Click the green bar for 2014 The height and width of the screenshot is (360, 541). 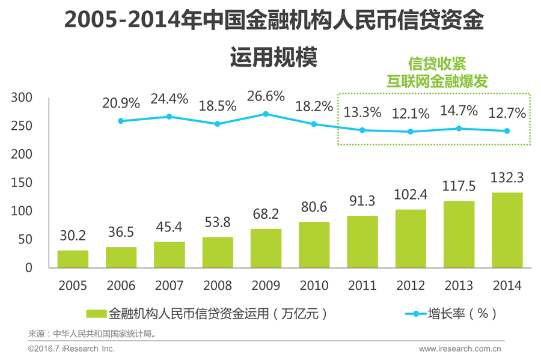point(507,230)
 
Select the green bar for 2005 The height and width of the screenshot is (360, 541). point(73,258)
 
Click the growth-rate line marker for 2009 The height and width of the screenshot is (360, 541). point(266,114)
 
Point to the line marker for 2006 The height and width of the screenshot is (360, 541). point(121,121)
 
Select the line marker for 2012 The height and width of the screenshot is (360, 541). point(411,132)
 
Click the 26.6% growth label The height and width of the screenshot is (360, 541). point(266,96)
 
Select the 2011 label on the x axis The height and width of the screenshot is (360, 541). point(362,285)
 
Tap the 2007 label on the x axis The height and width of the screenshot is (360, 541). point(169,285)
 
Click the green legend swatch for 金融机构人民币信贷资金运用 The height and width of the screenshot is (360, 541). point(96,314)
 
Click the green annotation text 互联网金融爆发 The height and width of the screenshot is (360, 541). point(436,81)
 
